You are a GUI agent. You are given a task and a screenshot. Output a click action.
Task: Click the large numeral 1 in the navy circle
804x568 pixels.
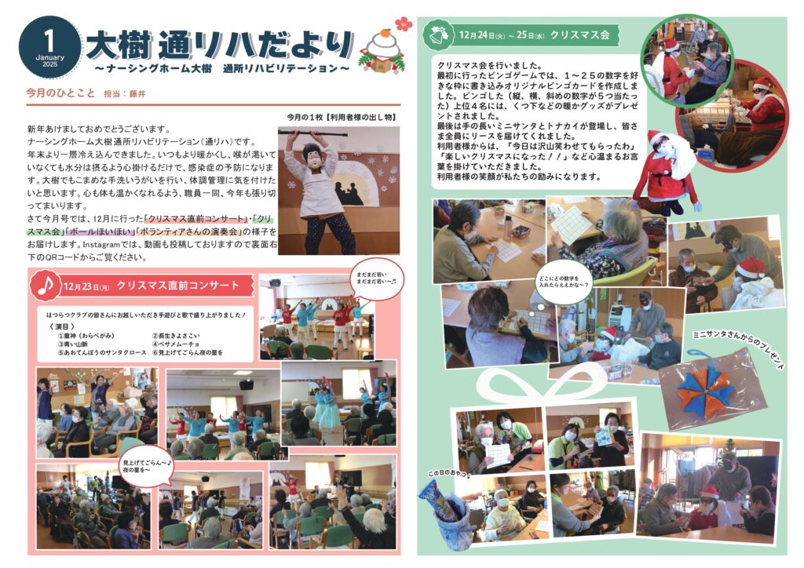click(x=49, y=38)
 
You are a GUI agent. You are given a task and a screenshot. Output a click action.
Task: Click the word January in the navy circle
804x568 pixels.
click(x=49, y=57)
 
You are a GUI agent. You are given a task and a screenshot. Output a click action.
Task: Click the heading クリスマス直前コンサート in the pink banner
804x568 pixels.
click(x=177, y=286)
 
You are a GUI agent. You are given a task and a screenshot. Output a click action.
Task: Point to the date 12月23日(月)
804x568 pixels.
click(x=88, y=287)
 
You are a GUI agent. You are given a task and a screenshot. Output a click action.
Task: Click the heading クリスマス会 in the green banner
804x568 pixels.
click(x=580, y=35)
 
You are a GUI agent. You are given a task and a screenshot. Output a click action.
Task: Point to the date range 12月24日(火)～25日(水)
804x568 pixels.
click(x=502, y=35)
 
